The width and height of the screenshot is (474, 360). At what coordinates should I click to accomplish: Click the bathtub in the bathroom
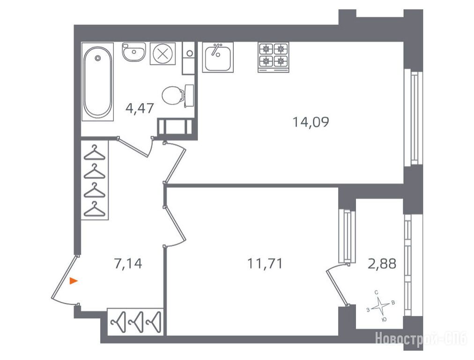tap(97, 82)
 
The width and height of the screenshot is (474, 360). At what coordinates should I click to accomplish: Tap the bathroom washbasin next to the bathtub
tap(134, 52)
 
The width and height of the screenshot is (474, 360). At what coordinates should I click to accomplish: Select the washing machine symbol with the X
tap(163, 53)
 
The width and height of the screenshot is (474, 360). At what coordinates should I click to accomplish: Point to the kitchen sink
tap(218, 57)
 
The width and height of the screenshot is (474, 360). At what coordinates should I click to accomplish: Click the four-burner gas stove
tap(273, 57)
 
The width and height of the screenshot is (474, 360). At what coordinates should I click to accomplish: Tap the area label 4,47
tap(140, 108)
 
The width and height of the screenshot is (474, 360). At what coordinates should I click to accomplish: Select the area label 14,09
tap(311, 122)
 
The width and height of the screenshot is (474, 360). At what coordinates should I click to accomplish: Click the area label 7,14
tap(128, 263)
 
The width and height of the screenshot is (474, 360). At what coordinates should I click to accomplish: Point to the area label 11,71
tap(265, 263)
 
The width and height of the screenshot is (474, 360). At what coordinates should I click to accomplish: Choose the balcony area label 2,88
tap(382, 263)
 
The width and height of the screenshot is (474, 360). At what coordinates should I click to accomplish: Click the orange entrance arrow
tap(74, 281)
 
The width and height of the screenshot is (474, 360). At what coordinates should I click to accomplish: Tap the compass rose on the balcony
tap(380, 306)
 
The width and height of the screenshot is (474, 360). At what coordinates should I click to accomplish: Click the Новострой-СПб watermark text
tap(421, 339)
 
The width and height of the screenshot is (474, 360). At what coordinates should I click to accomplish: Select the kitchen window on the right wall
tap(413, 118)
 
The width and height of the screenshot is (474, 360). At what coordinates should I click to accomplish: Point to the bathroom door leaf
tap(133, 148)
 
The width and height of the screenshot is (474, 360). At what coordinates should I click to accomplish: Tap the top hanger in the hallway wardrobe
tap(95, 153)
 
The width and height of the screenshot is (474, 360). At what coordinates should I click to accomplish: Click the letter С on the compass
tap(377, 292)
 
